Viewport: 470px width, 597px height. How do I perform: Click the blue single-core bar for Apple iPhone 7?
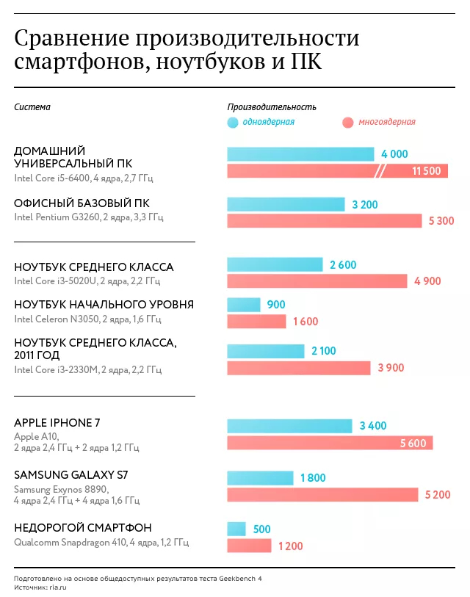[289, 426]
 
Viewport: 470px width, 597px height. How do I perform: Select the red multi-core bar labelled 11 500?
[337, 171]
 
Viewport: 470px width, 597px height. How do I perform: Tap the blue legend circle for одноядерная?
[233, 123]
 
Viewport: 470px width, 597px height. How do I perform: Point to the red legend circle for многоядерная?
[347, 123]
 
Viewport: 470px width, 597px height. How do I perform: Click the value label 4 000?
[394, 154]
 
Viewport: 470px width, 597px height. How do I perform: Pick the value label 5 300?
[440, 221]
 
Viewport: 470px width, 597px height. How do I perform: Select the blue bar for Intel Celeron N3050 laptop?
[244, 305]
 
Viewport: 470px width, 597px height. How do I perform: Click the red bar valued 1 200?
[249, 546]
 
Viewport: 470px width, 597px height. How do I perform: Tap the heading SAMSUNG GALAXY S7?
[71, 475]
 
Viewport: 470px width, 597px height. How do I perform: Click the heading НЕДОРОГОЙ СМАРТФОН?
[83, 528]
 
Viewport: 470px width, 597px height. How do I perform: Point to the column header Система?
[32, 107]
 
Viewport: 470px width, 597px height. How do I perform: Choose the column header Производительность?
[271, 107]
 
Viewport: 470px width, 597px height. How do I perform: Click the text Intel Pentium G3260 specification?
[89, 217]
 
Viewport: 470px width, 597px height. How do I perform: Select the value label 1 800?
[313, 479]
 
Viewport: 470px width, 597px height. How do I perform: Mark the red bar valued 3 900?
[299, 368]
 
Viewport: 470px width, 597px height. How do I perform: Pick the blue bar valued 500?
[236, 529]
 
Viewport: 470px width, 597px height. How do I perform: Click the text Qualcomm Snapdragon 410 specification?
[101, 543]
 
